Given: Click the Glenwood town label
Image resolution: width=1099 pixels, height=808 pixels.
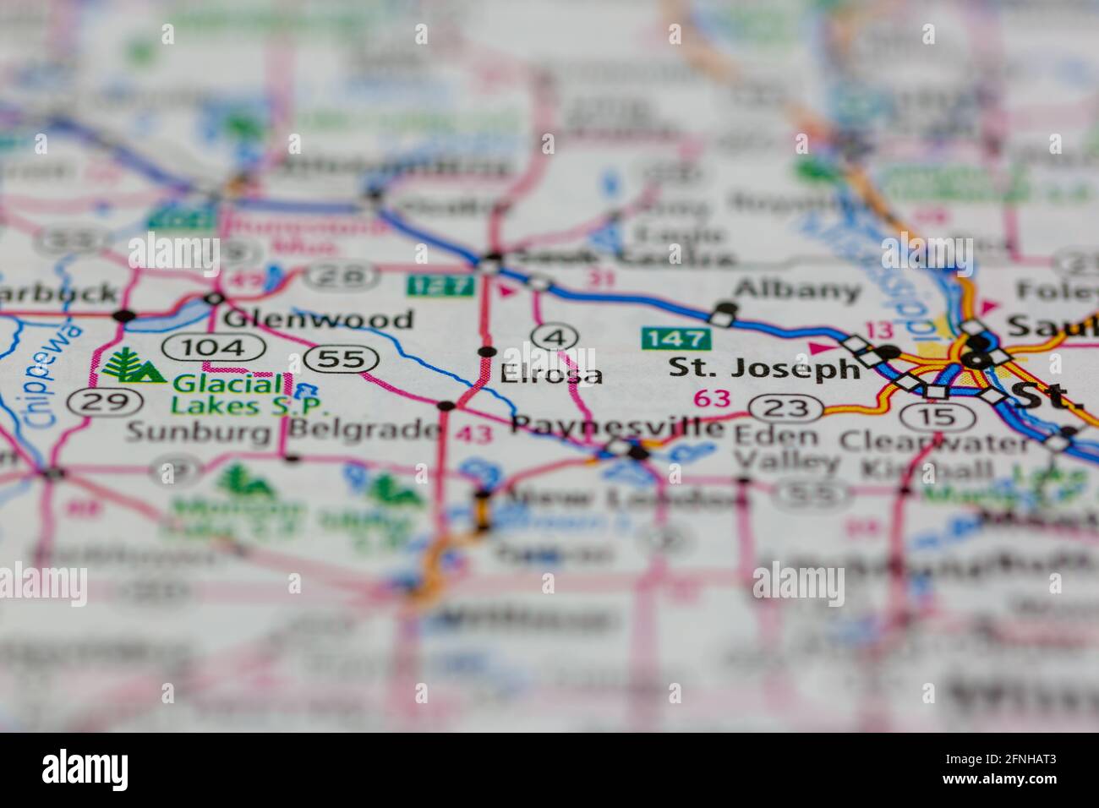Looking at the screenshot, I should pos(319,319).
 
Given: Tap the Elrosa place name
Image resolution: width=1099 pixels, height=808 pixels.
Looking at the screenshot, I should pos(551,374).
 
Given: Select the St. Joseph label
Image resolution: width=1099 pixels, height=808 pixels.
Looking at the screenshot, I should pos(763,368).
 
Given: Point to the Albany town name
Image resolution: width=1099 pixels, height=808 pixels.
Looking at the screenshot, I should pos(797,291).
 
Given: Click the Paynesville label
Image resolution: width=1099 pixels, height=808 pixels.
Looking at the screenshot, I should pos(618,425).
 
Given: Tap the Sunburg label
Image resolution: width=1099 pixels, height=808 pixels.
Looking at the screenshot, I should pos(199,431).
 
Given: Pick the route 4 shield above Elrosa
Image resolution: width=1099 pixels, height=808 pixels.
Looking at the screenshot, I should pos(555,337).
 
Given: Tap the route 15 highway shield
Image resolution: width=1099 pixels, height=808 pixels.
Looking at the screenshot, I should pos(928,416).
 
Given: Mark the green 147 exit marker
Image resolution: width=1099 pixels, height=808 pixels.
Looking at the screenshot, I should pos(676,339).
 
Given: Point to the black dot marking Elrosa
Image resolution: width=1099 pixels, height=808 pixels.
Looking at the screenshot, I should pos(486,351).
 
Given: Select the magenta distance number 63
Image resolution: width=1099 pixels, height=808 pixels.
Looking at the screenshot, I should pos(711,397).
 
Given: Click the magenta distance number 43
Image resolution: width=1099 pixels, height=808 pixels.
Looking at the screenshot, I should pos(473,434).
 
